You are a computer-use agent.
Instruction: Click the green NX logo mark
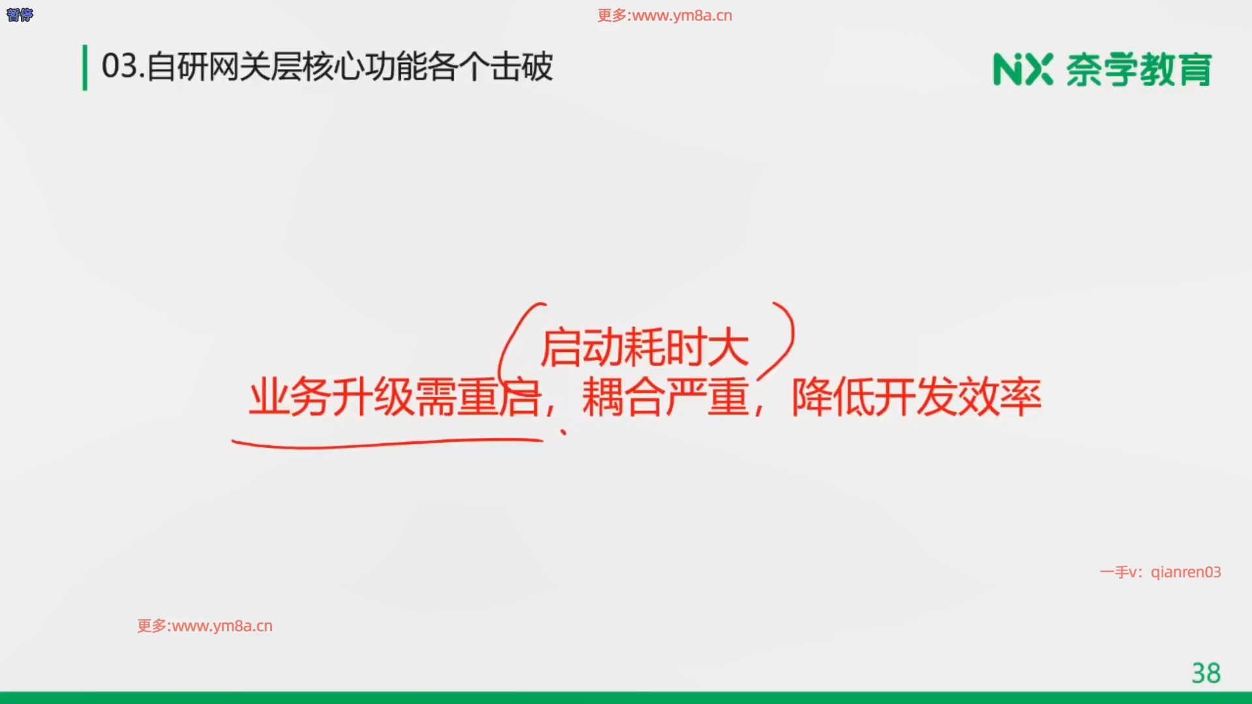coord(1022,70)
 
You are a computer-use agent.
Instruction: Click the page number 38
coord(1206,673)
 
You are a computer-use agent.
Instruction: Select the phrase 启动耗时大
coord(644,347)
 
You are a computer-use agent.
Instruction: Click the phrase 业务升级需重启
coord(395,397)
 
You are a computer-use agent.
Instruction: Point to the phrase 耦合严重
coord(665,397)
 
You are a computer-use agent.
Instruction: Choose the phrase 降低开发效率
coord(916,397)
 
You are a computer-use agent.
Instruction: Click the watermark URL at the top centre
coord(664,16)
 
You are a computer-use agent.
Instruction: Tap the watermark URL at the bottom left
coord(205,626)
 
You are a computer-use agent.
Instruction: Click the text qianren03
coord(1185,572)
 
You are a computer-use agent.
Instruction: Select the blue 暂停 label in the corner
coord(20,14)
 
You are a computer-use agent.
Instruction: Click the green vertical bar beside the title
coord(85,67)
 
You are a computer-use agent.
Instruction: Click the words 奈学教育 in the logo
coord(1139,70)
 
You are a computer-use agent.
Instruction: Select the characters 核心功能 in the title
coord(365,66)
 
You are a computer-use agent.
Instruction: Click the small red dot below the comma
coord(563,431)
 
